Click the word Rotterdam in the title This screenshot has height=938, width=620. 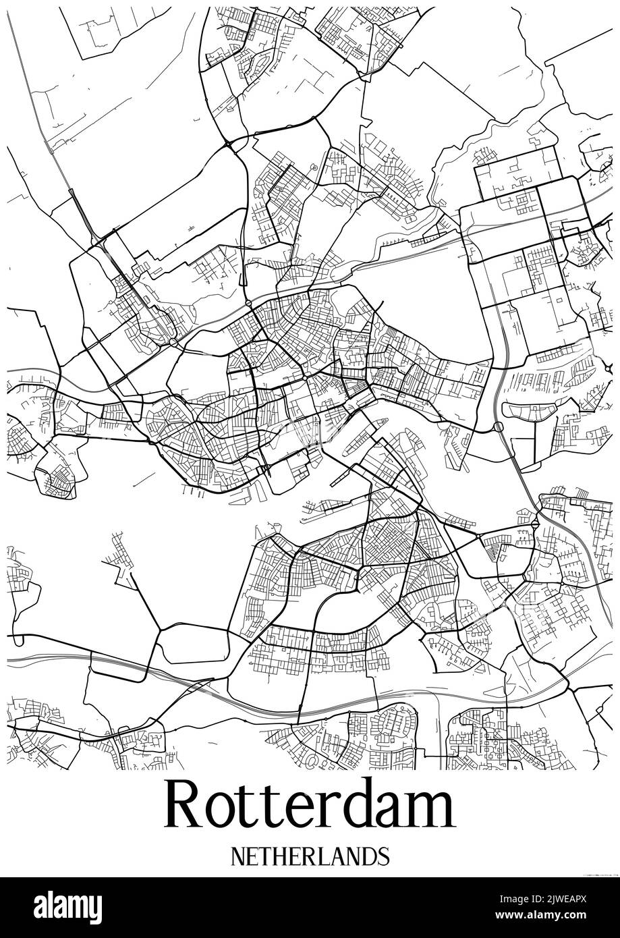(310, 806)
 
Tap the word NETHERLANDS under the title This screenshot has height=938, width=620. (310, 856)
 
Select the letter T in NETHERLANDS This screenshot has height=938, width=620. (265, 856)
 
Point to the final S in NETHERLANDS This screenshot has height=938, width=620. (383, 856)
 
